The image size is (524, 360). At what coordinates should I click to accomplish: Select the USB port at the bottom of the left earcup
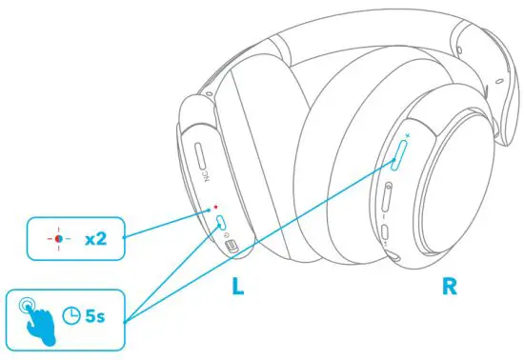[x=230, y=244]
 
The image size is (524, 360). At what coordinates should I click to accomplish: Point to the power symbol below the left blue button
[x=219, y=237]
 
